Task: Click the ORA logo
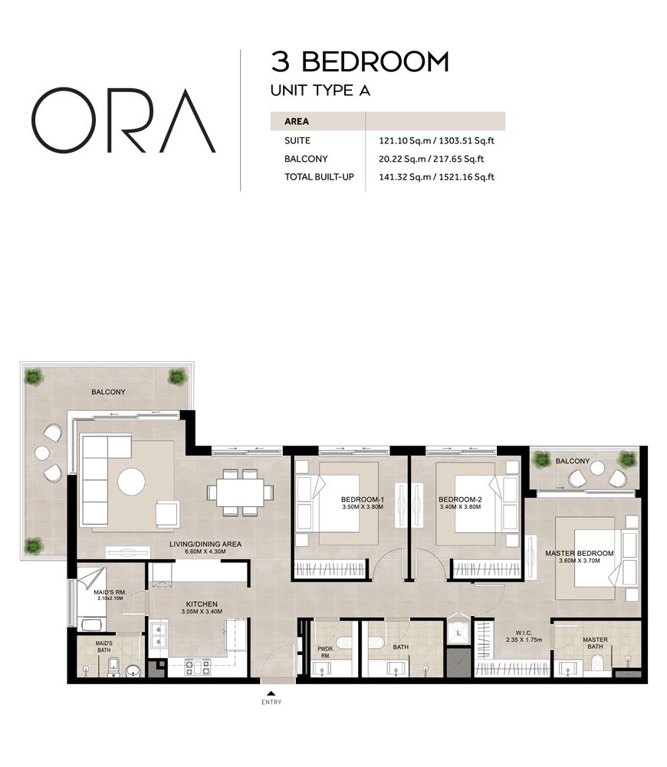point(123,120)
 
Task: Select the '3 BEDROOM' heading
point(360,61)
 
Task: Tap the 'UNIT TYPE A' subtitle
point(320,91)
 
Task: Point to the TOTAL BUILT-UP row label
point(319,177)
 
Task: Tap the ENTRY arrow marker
point(271,694)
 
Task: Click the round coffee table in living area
point(131,482)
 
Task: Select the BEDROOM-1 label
point(362,499)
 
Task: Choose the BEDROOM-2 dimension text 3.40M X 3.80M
point(460,507)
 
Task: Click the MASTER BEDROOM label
point(579,553)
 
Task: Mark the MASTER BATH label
point(595,643)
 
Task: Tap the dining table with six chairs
point(241,492)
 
